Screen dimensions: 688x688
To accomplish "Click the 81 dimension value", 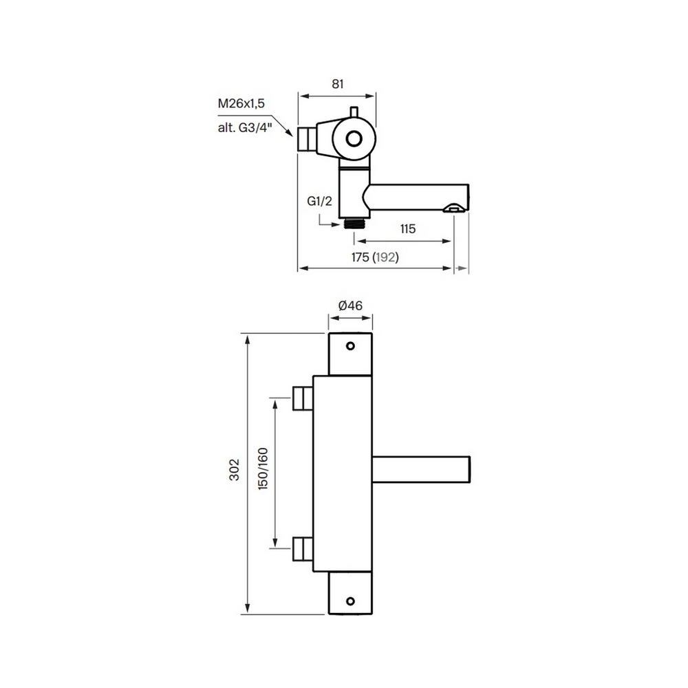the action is click(x=337, y=84).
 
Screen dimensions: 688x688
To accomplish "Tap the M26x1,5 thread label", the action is click(x=241, y=104).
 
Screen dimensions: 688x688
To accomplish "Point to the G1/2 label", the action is click(x=319, y=202).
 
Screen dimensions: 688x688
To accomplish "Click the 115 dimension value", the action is click(x=407, y=229).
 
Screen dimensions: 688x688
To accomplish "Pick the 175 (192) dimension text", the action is click(x=375, y=257).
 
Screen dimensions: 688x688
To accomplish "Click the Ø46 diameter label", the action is click(x=351, y=305).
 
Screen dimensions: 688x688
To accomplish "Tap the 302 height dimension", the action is click(x=235, y=469).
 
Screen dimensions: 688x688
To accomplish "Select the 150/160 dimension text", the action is click(x=263, y=469).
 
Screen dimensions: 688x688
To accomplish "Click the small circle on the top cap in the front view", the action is click(x=350, y=346).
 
